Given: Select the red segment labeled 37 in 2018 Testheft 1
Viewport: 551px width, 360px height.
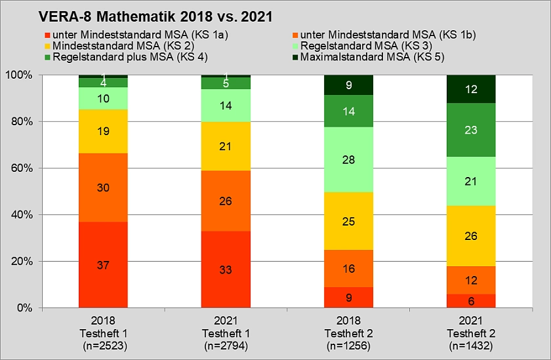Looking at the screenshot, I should click(x=103, y=264).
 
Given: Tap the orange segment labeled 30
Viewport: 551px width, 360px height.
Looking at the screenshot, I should click(x=103, y=188).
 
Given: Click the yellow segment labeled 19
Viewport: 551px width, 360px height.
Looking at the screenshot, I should click(x=103, y=131).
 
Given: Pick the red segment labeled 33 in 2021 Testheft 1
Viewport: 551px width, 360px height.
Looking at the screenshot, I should click(x=226, y=269).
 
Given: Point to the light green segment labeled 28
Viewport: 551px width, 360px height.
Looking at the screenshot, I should click(x=349, y=159).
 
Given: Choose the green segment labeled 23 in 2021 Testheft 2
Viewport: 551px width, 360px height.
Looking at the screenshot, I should click(x=471, y=130).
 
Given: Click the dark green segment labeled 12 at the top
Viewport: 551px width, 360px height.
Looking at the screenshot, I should click(x=471, y=89).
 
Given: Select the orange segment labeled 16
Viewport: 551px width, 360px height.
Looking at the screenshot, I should click(x=349, y=268).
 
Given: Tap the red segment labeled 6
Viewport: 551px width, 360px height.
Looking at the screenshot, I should click(x=471, y=300).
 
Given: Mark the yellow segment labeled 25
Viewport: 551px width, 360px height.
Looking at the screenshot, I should click(x=349, y=221).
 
